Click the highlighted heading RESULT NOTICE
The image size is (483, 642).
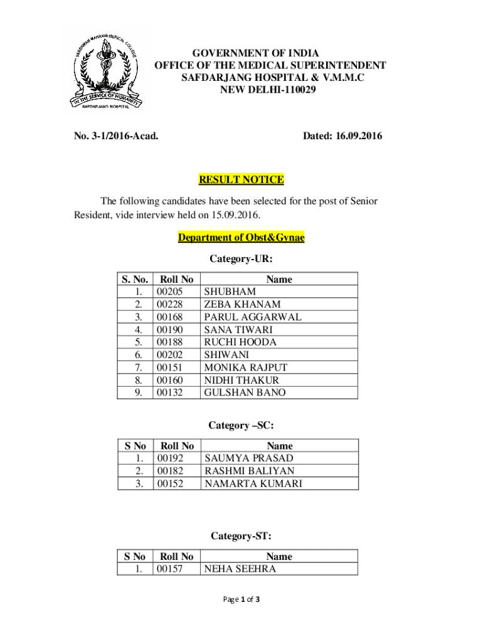pos(242,180)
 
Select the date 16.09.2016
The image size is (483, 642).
pos(359,136)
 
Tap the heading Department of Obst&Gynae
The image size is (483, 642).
pos(242,238)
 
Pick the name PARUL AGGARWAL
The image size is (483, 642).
pos(253,317)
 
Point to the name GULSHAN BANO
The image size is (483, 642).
pos(245,392)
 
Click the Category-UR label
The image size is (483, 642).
pos(242,258)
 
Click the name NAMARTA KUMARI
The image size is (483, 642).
pos(253,483)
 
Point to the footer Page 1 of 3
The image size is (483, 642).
pos(242,599)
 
